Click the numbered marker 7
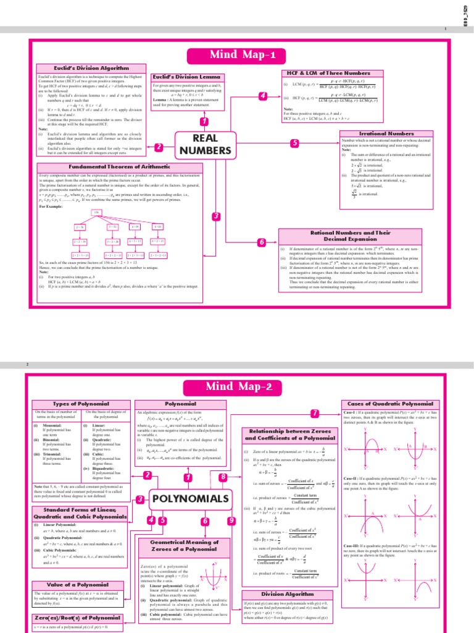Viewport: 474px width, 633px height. (315, 413)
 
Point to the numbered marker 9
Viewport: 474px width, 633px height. (231, 521)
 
